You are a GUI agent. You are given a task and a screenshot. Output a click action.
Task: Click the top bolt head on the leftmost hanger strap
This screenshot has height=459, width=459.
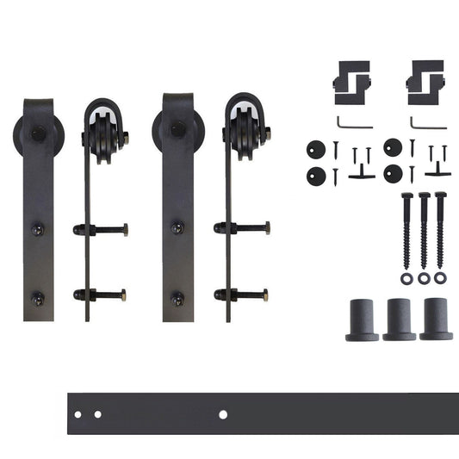[x=39, y=134]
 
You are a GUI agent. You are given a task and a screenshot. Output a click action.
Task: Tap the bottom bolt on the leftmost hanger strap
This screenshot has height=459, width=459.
[x=38, y=298]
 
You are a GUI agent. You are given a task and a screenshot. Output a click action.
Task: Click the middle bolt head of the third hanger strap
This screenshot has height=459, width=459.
[x=177, y=228]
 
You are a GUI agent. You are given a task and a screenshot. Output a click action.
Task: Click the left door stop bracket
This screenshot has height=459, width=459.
[x=353, y=77]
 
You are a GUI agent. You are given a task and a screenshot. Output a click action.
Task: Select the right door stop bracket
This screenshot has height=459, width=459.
[x=425, y=77]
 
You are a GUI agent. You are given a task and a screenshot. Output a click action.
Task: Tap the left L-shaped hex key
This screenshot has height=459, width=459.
[x=353, y=122]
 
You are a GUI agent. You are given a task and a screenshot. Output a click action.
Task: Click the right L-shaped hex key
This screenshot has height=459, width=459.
[x=427, y=122]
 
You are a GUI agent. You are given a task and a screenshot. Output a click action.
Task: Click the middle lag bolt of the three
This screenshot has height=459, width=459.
[x=423, y=228]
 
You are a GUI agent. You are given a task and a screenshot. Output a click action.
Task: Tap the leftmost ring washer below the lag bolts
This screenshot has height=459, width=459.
[x=406, y=278]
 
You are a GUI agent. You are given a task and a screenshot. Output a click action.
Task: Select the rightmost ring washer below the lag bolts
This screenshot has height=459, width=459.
[x=441, y=278]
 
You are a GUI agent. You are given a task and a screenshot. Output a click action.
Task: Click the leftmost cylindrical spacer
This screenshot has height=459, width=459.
[x=363, y=319]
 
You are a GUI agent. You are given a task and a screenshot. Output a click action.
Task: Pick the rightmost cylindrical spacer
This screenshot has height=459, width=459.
[x=436, y=319]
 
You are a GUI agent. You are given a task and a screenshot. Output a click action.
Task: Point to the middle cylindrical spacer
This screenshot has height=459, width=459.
[x=400, y=319]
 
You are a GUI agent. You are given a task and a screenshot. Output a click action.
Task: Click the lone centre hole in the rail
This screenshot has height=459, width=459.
[x=223, y=414]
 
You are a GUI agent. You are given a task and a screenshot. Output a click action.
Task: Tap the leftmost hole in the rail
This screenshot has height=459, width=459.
[x=78, y=415]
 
